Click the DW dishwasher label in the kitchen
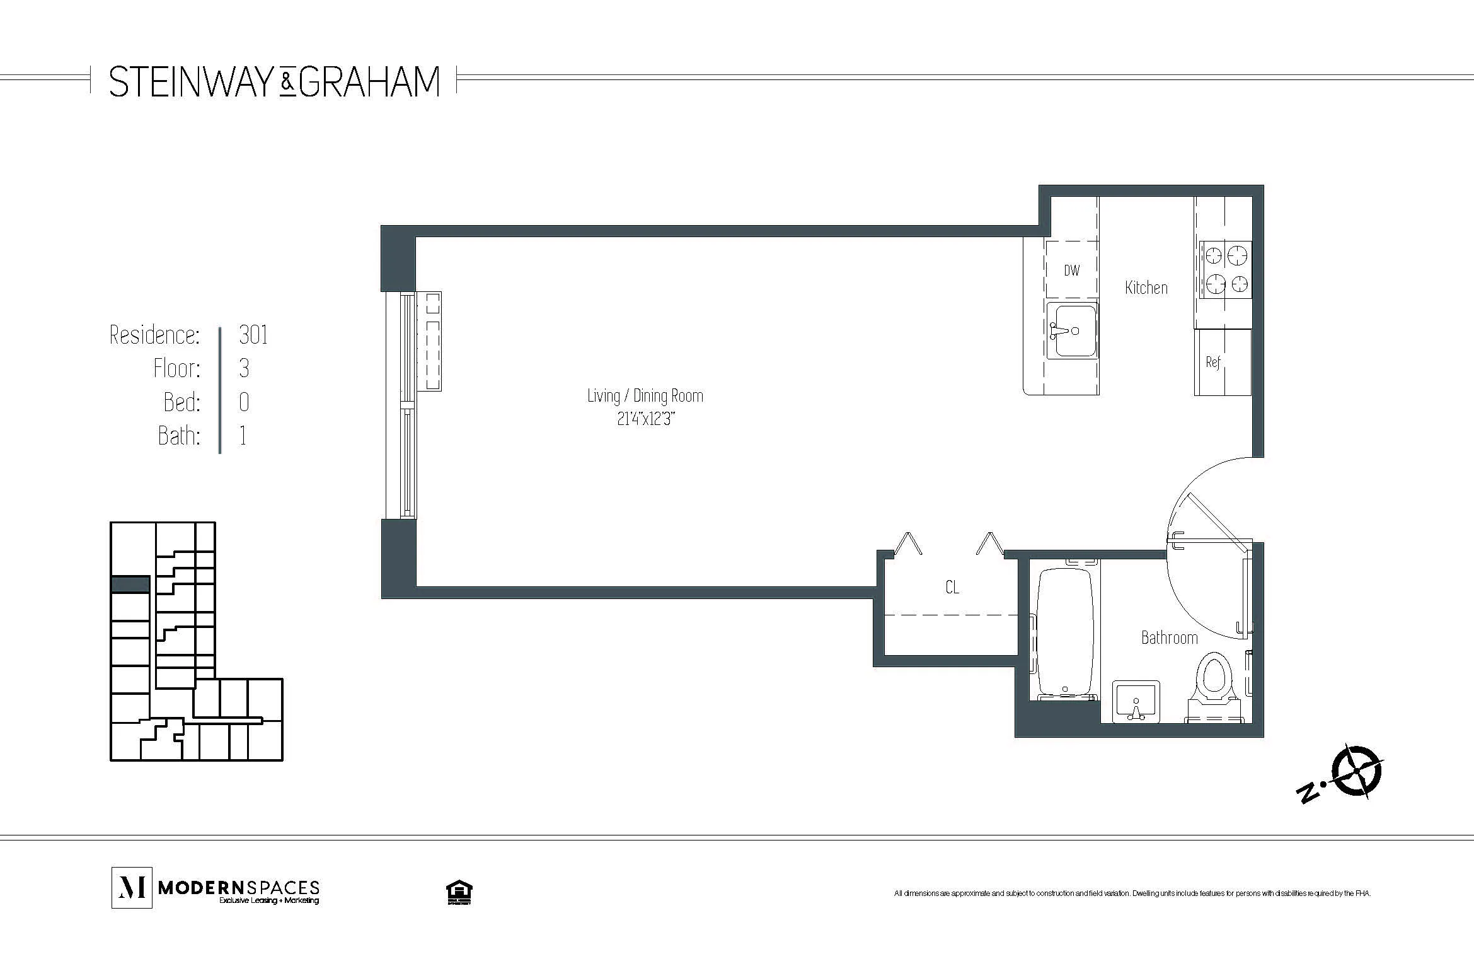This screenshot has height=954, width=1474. pyautogui.click(x=1071, y=270)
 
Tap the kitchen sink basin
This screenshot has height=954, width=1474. pyautogui.click(x=1072, y=331)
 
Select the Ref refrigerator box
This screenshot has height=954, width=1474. pyautogui.click(x=1221, y=362)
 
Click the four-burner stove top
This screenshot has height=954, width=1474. pyautogui.click(x=1226, y=270)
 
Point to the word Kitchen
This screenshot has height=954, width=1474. pyautogui.click(x=1146, y=288)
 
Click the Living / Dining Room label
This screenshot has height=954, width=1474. pyautogui.click(x=645, y=396)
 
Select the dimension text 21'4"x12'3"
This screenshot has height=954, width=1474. pyautogui.click(x=645, y=419)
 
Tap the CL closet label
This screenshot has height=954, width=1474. pyautogui.click(x=952, y=587)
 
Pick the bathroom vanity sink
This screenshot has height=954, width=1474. pyautogui.click(x=1136, y=701)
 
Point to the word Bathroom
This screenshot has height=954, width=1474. pyautogui.click(x=1169, y=637)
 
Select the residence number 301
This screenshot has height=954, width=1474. pyautogui.click(x=253, y=335)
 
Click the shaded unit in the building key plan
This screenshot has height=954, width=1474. pyautogui.click(x=130, y=585)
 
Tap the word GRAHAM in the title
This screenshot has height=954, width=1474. pyautogui.click(x=369, y=82)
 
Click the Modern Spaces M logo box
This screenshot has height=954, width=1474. pyautogui.click(x=132, y=887)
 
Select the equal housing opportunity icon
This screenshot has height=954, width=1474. pyautogui.click(x=459, y=892)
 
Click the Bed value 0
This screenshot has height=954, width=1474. pyautogui.click(x=244, y=402)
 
